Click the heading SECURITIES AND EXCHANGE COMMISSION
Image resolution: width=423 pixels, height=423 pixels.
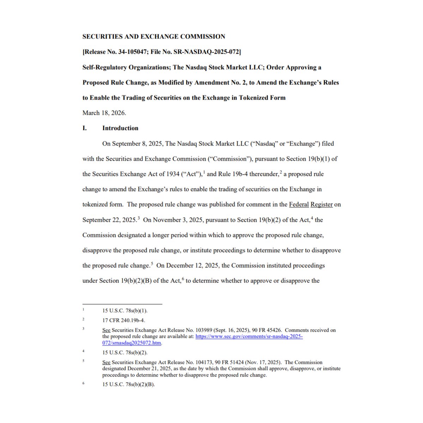pyautogui.click(x=154, y=37)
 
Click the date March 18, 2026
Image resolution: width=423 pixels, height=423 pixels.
pyautogui.click(x=104, y=113)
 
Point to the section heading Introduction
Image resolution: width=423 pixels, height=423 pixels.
pyautogui.click(x=120, y=128)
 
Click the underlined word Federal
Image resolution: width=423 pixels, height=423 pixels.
pyautogui.click(x=299, y=204)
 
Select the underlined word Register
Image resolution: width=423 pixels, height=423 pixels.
pyautogui.click(x=321, y=204)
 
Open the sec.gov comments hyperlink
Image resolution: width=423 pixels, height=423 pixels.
pyautogui.click(x=249, y=337)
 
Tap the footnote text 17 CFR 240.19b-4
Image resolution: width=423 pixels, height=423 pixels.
pyautogui.click(x=124, y=320)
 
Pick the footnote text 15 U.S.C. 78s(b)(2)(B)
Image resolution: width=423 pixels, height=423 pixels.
pyautogui.click(x=129, y=385)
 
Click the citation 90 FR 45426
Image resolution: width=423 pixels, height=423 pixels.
pyautogui.click(x=266, y=330)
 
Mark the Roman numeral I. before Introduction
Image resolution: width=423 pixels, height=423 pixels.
pyautogui.click(x=85, y=128)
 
